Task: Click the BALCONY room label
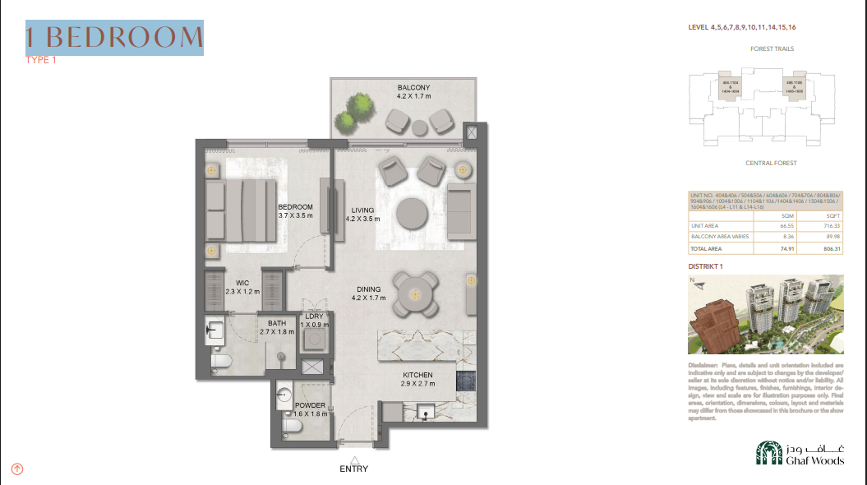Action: pos(413,88)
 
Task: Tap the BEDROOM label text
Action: pos(295,206)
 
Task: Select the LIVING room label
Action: pos(362,210)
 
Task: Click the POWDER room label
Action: pos(310,405)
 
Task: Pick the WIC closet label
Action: pos(242,283)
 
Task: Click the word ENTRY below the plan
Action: pos(353,469)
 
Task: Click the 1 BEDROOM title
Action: pos(114,37)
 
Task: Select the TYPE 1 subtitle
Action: pos(41,60)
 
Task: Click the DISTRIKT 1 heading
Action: pos(705,267)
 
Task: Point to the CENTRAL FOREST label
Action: pos(771,164)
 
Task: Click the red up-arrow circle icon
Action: pos(17,469)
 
